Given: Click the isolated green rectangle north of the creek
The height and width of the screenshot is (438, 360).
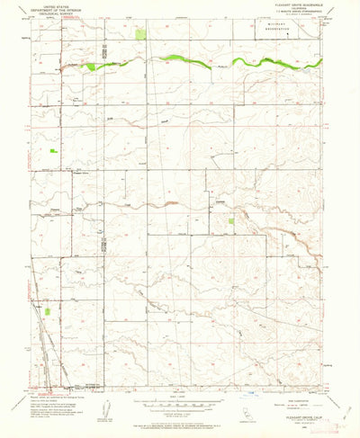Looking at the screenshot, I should [140, 35].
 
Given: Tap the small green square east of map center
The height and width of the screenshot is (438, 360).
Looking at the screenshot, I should [232, 220].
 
